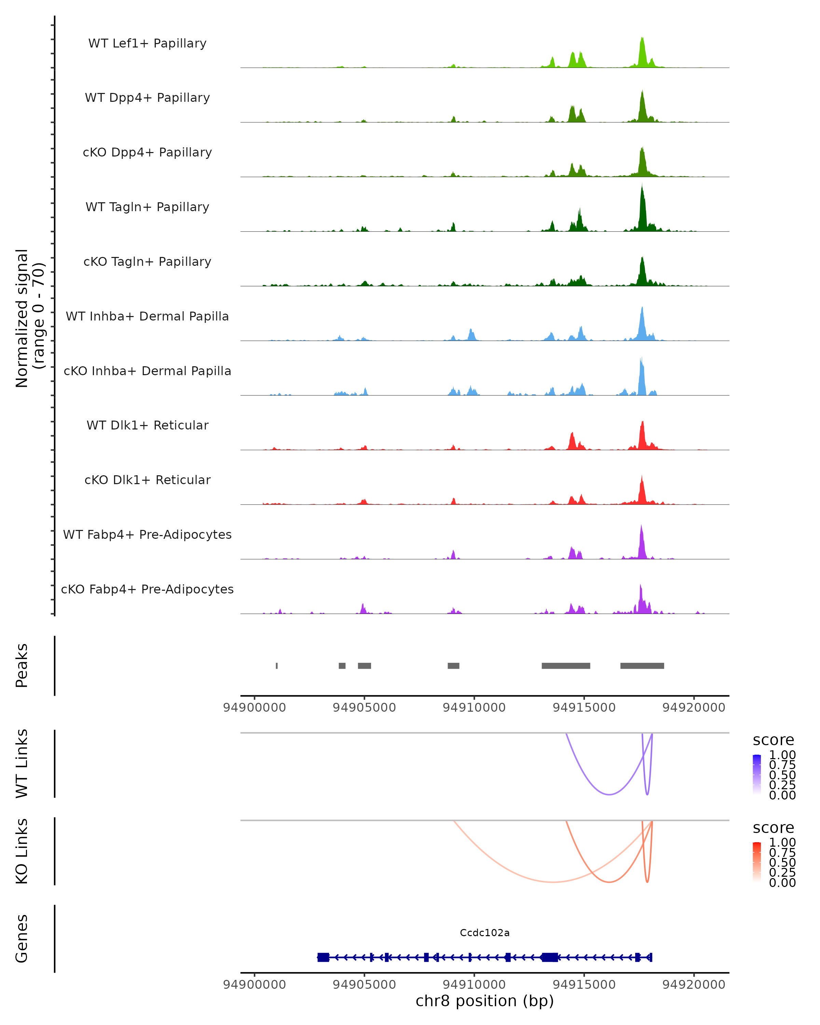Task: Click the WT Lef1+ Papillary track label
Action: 147,43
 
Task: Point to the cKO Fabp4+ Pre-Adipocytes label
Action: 147,589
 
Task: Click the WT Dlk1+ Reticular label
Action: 147,425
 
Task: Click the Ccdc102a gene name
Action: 484,933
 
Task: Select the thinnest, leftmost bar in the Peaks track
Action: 277,666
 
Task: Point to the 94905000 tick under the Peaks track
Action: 364,708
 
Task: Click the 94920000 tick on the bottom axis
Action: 694,985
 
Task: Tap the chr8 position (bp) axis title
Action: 484,1001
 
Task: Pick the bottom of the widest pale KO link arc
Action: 552,883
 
